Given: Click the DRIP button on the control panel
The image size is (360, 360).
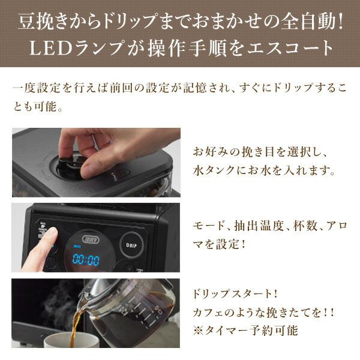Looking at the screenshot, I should (x=130, y=244).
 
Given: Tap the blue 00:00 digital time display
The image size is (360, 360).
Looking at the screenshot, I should (x=86, y=260).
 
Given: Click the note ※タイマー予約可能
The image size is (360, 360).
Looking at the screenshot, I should (x=244, y=329).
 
